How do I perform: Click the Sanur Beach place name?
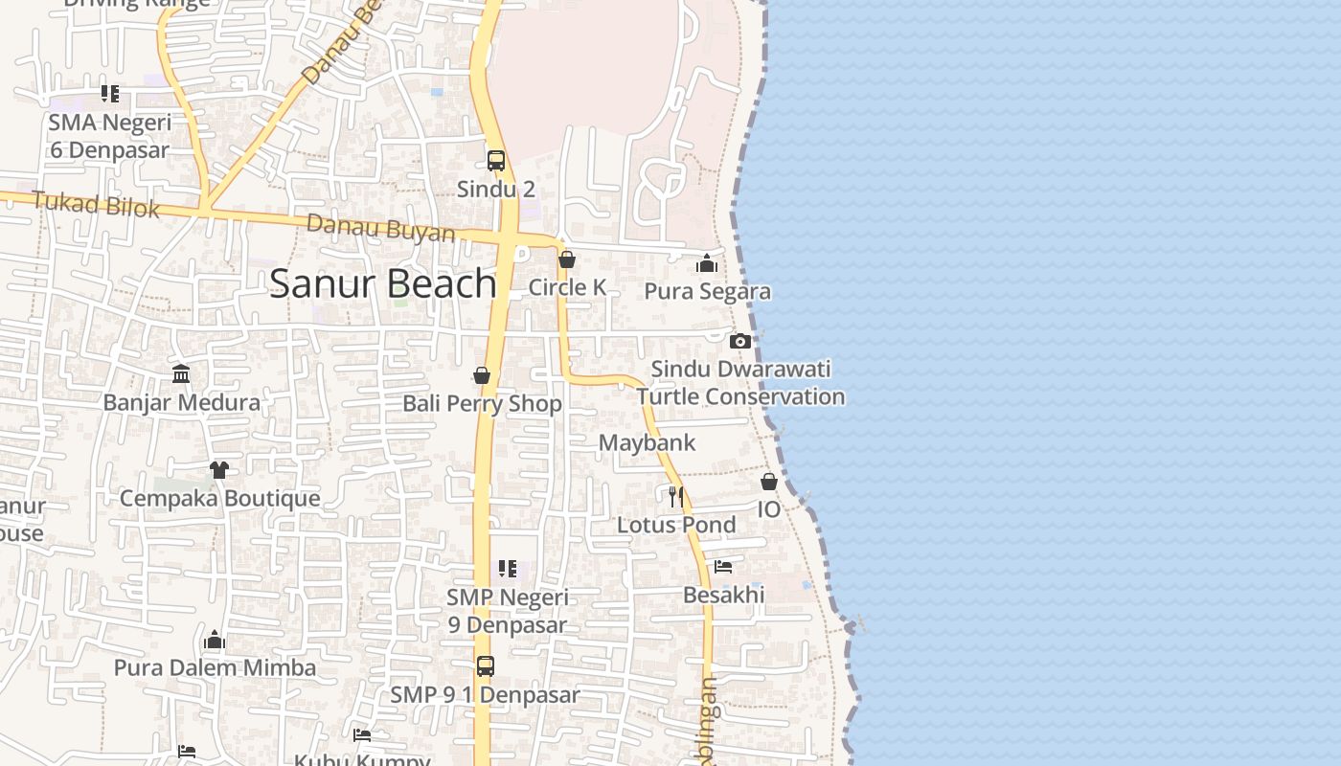382,284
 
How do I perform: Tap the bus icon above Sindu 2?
496,161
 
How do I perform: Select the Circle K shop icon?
567,259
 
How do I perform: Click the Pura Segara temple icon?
707,263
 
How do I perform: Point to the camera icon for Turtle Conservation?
739,341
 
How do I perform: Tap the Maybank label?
647,443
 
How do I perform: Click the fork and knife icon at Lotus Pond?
676,496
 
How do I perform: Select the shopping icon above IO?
769,482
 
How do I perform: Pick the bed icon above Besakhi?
723,567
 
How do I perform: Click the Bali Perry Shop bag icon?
482,375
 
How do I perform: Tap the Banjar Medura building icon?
181,373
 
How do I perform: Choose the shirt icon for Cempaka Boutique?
219,470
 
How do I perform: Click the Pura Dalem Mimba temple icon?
215,640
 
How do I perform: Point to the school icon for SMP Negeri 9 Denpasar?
508,569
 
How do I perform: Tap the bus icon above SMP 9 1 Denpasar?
486,666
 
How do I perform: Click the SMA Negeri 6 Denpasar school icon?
110,94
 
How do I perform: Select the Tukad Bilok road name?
96,204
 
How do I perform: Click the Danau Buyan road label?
380,229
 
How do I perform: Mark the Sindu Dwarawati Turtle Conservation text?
740,383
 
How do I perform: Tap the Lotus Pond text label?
676,525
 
